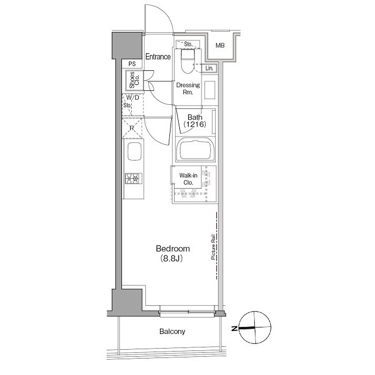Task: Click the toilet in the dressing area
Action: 187,61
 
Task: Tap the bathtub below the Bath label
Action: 195,150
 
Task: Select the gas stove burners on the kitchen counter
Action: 134,178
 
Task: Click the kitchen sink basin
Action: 135,151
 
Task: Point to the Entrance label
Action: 158,57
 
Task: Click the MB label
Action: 220,45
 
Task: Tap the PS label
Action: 132,64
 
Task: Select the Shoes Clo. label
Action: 134,80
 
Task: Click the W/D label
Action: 133,98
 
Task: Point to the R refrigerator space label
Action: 132,128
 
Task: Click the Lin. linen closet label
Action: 209,68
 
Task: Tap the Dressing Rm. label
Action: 188,88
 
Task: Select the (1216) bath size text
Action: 195,124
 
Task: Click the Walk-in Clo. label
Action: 188,179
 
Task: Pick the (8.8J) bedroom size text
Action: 172,258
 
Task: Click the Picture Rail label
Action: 213,247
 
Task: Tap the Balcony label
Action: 172,332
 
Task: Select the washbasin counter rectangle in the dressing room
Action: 210,90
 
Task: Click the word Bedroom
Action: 173,248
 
